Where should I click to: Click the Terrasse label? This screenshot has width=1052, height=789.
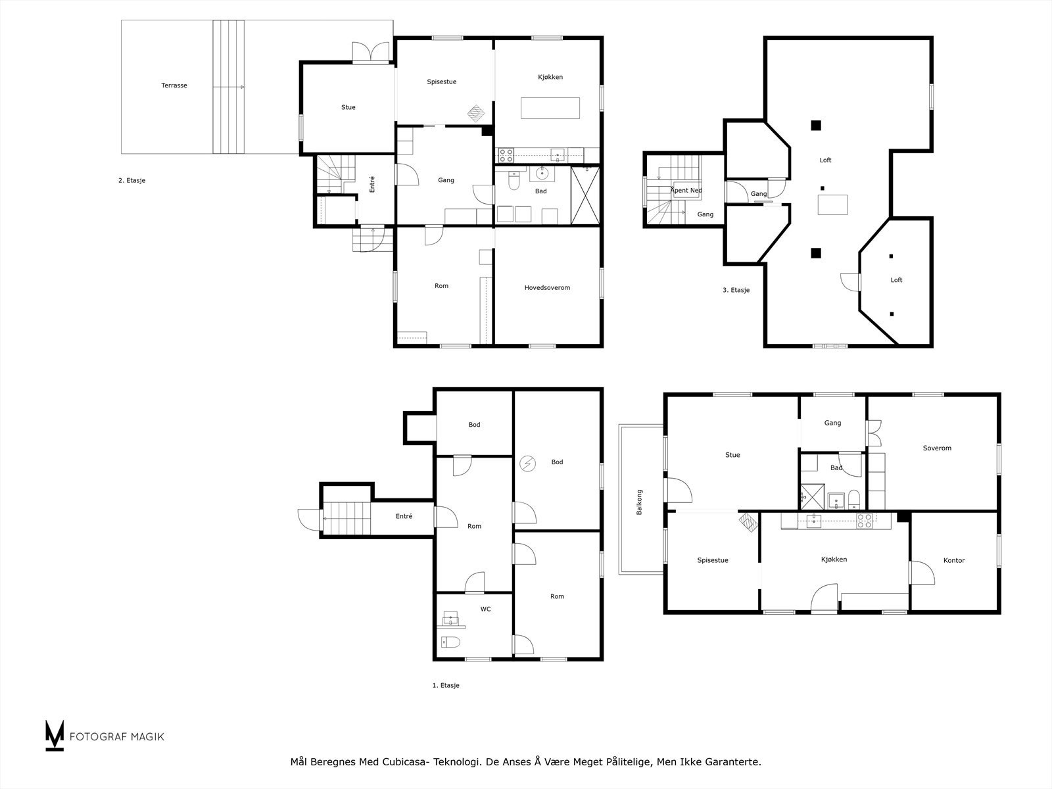(x=174, y=85)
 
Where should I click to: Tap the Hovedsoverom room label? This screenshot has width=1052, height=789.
(x=547, y=287)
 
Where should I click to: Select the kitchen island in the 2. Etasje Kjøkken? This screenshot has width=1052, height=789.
(x=550, y=108)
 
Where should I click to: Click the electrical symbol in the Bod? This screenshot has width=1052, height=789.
(x=528, y=464)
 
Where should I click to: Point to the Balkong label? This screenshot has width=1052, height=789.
(x=639, y=502)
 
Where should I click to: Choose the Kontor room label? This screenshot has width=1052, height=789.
(x=954, y=560)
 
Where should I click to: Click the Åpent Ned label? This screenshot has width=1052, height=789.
(x=686, y=190)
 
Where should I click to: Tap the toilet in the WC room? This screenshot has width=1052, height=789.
(x=450, y=642)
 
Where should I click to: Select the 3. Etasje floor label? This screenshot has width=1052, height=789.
(x=736, y=290)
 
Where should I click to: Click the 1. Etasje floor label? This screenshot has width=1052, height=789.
(x=446, y=685)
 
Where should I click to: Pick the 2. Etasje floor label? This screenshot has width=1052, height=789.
(x=131, y=180)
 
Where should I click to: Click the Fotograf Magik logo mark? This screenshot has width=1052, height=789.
(x=55, y=735)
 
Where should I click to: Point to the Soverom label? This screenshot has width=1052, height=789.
(x=937, y=448)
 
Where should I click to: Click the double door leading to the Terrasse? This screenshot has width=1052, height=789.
(x=370, y=52)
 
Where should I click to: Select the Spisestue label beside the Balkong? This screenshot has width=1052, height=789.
(x=713, y=560)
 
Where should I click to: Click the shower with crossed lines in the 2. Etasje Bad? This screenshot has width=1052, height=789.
(x=585, y=195)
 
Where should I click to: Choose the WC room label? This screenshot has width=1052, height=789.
(x=485, y=609)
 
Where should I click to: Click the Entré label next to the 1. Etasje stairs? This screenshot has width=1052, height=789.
(x=404, y=516)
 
